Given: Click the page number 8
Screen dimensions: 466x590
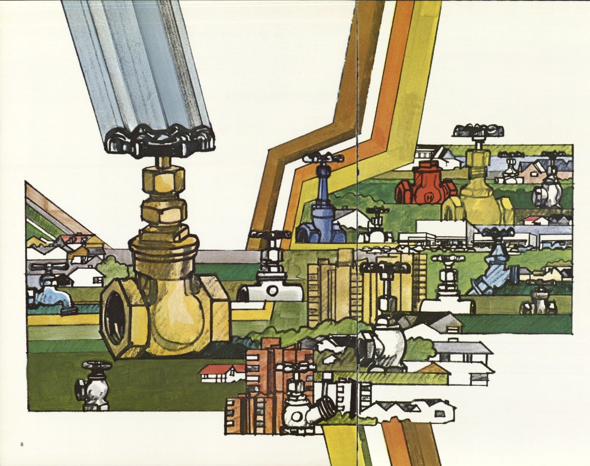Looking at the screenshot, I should point(22,444).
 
